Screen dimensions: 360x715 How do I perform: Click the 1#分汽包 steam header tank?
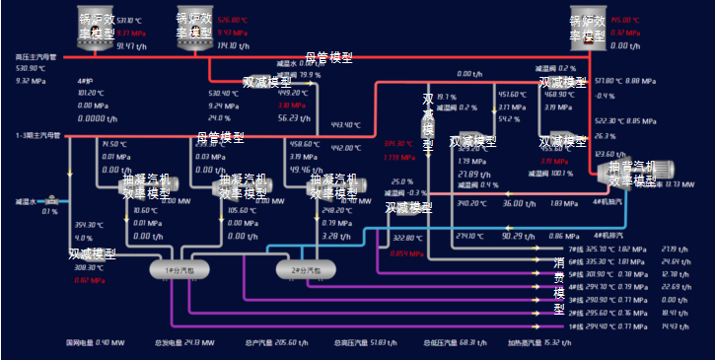[172, 267]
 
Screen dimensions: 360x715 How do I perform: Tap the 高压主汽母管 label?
[38, 57]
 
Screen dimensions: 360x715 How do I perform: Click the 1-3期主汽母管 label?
[38, 135]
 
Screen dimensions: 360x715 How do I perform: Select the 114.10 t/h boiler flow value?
[233, 45]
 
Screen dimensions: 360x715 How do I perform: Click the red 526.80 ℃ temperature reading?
[233, 20]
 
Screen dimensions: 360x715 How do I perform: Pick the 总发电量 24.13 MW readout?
[179, 343]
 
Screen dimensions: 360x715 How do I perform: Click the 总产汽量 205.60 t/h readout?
[272, 343]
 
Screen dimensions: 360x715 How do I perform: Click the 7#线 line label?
[576, 250]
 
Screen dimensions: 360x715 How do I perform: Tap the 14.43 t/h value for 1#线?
[670, 325]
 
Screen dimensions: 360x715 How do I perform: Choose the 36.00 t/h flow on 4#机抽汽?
[513, 203]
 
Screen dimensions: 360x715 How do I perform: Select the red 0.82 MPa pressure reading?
[90, 280]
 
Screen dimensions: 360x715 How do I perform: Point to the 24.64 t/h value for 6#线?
[670, 261]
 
